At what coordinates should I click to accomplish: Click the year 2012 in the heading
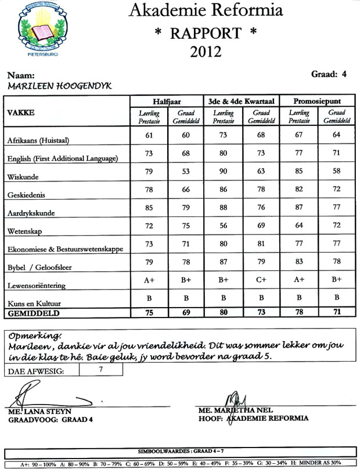click(x=206, y=52)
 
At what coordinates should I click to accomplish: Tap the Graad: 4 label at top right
click(x=329, y=74)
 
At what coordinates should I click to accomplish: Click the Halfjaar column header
click(x=168, y=100)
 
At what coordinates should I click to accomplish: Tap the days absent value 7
click(x=100, y=369)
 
